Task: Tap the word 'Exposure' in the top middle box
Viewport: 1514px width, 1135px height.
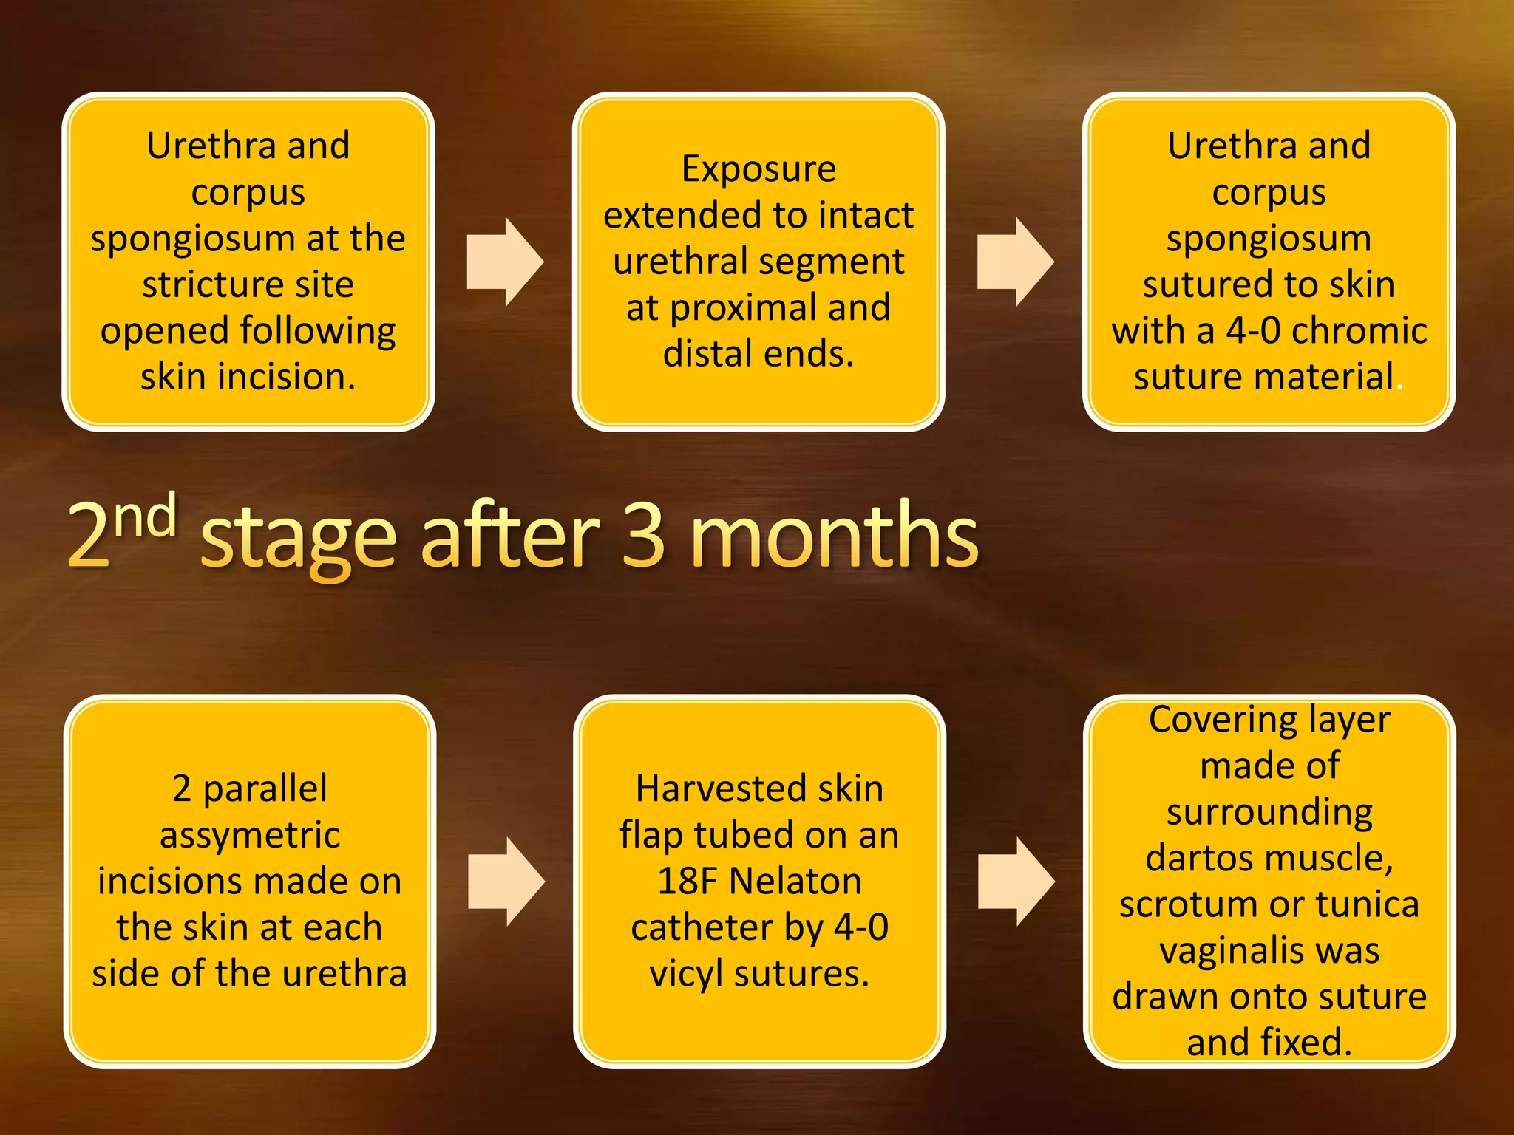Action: [x=758, y=169]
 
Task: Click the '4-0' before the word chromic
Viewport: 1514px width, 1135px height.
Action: [x=1253, y=330]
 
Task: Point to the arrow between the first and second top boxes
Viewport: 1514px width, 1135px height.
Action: [x=505, y=262]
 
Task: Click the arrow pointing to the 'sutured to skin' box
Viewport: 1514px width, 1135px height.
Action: [x=1015, y=262]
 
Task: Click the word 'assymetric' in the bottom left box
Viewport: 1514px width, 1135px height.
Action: [x=250, y=836]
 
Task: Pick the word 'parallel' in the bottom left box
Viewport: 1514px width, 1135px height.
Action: [x=265, y=789]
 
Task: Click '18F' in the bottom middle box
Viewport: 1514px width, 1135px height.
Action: [x=687, y=882]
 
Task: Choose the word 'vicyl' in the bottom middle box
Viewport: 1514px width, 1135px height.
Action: [x=685, y=974]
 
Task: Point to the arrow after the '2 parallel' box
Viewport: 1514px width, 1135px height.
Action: [x=506, y=882]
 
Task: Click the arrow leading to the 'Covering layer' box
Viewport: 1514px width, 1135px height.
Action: [x=1016, y=882]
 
